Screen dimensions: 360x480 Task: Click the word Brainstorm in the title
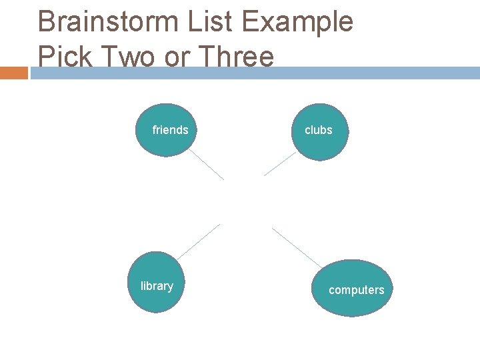pyautogui.click(x=104, y=23)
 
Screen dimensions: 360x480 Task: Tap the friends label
pyautogui.click(x=170, y=130)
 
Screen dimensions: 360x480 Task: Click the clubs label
pyautogui.click(x=318, y=130)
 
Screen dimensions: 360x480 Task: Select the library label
pyautogui.click(x=157, y=286)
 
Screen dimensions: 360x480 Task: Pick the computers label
pyautogui.click(x=356, y=290)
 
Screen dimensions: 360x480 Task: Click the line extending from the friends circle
pyautogui.click(x=207, y=164)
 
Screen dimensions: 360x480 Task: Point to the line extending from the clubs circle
pyautogui.click(x=280, y=163)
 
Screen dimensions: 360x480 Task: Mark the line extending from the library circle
pyautogui.click(x=199, y=241)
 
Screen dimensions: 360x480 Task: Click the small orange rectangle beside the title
pyautogui.click(x=14, y=73)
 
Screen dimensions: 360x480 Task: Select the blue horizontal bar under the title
pyautogui.click(x=253, y=73)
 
